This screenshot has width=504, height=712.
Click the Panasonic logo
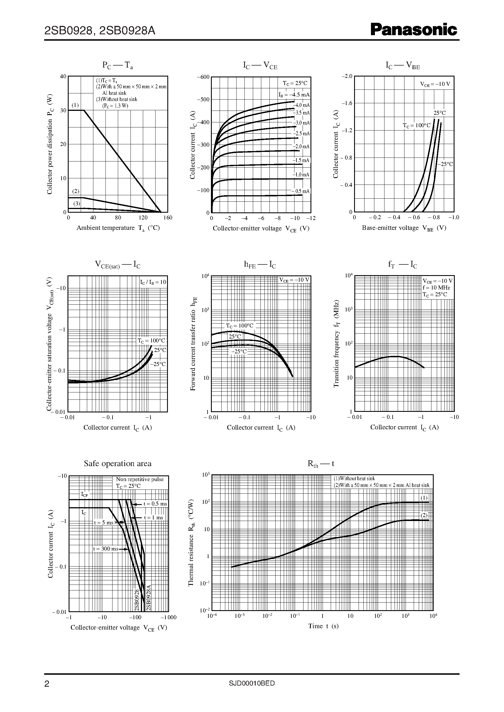pyautogui.click(x=414, y=30)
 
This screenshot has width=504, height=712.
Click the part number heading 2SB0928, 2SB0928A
pyautogui.click(x=100, y=31)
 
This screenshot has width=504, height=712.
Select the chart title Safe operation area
pyautogui.click(x=118, y=463)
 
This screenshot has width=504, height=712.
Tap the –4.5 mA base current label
pyautogui.click(x=294, y=95)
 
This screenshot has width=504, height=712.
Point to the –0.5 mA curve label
pyautogui.click(x=300, y=191)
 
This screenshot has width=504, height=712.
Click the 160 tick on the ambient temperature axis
pyautogui.click(x=168, y=217)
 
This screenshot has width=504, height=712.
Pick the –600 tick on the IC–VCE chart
pyautogui.click(x=203, y=77)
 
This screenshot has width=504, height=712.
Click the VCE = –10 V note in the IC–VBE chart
pyautogui.click(x=435, y=84)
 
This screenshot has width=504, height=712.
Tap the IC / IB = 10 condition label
pyautogui.click(x=153, y=282)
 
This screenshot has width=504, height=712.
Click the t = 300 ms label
pyautogui.click(x=106, y=549)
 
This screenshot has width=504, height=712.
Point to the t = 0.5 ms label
pyautogui.click(x=155, y=504)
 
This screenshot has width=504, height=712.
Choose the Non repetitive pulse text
pyautogui.click(x=140, y=479)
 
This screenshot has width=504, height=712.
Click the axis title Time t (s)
pyautogui.click(x=323, y=626)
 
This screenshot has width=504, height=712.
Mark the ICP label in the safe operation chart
pyautogui.click(x=84, y=495)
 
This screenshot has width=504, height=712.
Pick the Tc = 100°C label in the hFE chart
pyautogui.click(x=239, y=325)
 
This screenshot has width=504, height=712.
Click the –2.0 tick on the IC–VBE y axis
pyautogui.click(x=347, y=76)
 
